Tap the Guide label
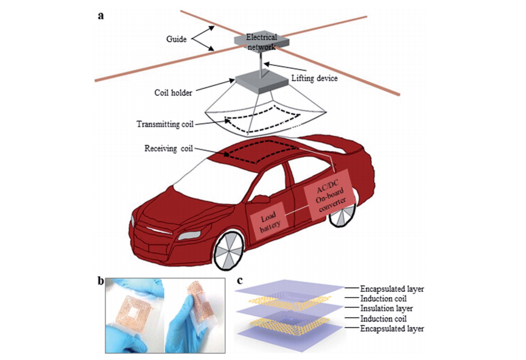pos(176,39)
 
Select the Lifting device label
pos(314,79)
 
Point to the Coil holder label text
pos(173,93)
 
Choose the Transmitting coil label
pos(165,124)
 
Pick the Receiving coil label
pos(169,148)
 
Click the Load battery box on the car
pos(268,221)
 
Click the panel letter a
pos(100,16)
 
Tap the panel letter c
pos(239,280)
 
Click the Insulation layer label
pos(387,308)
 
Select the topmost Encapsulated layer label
pos(392,289)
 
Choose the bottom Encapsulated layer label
pos(392,329)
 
